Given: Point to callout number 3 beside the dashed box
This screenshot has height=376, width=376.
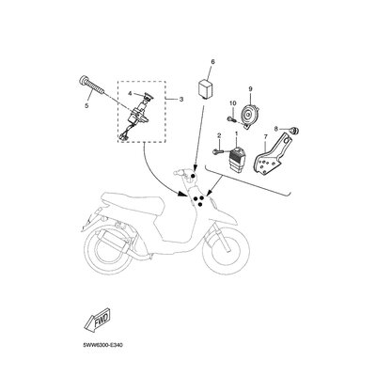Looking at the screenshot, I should click(x=180, y=99).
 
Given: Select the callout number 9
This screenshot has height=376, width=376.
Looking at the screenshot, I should click(x=251, y=88).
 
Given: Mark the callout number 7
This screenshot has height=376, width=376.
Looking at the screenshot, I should click(x=264, y=138).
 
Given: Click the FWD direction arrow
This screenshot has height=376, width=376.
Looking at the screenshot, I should click(x=98, y=322).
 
